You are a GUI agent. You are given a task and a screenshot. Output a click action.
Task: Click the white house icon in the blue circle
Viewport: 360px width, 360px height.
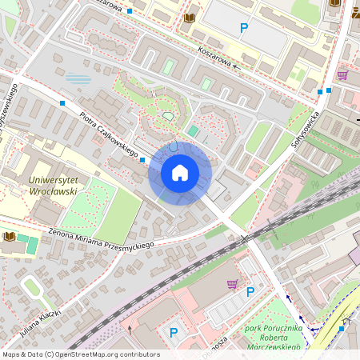180,173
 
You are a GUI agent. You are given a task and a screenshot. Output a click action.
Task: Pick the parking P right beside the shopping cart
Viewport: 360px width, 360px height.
250,292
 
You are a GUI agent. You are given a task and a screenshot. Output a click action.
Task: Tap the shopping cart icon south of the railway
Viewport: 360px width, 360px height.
232,284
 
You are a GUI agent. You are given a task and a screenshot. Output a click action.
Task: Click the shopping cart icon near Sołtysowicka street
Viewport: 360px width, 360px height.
342,75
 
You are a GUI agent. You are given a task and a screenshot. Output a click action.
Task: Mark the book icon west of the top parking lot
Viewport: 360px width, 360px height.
190,17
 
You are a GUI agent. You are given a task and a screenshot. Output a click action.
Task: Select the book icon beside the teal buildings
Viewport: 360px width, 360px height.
9,236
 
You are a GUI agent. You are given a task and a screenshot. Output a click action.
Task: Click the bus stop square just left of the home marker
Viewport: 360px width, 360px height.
142,160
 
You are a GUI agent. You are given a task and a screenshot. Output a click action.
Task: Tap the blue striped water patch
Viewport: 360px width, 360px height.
78,78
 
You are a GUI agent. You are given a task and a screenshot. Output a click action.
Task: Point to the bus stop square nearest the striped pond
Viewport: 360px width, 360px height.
62,103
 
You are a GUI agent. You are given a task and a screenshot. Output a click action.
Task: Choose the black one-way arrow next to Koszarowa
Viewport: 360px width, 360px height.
234,67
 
